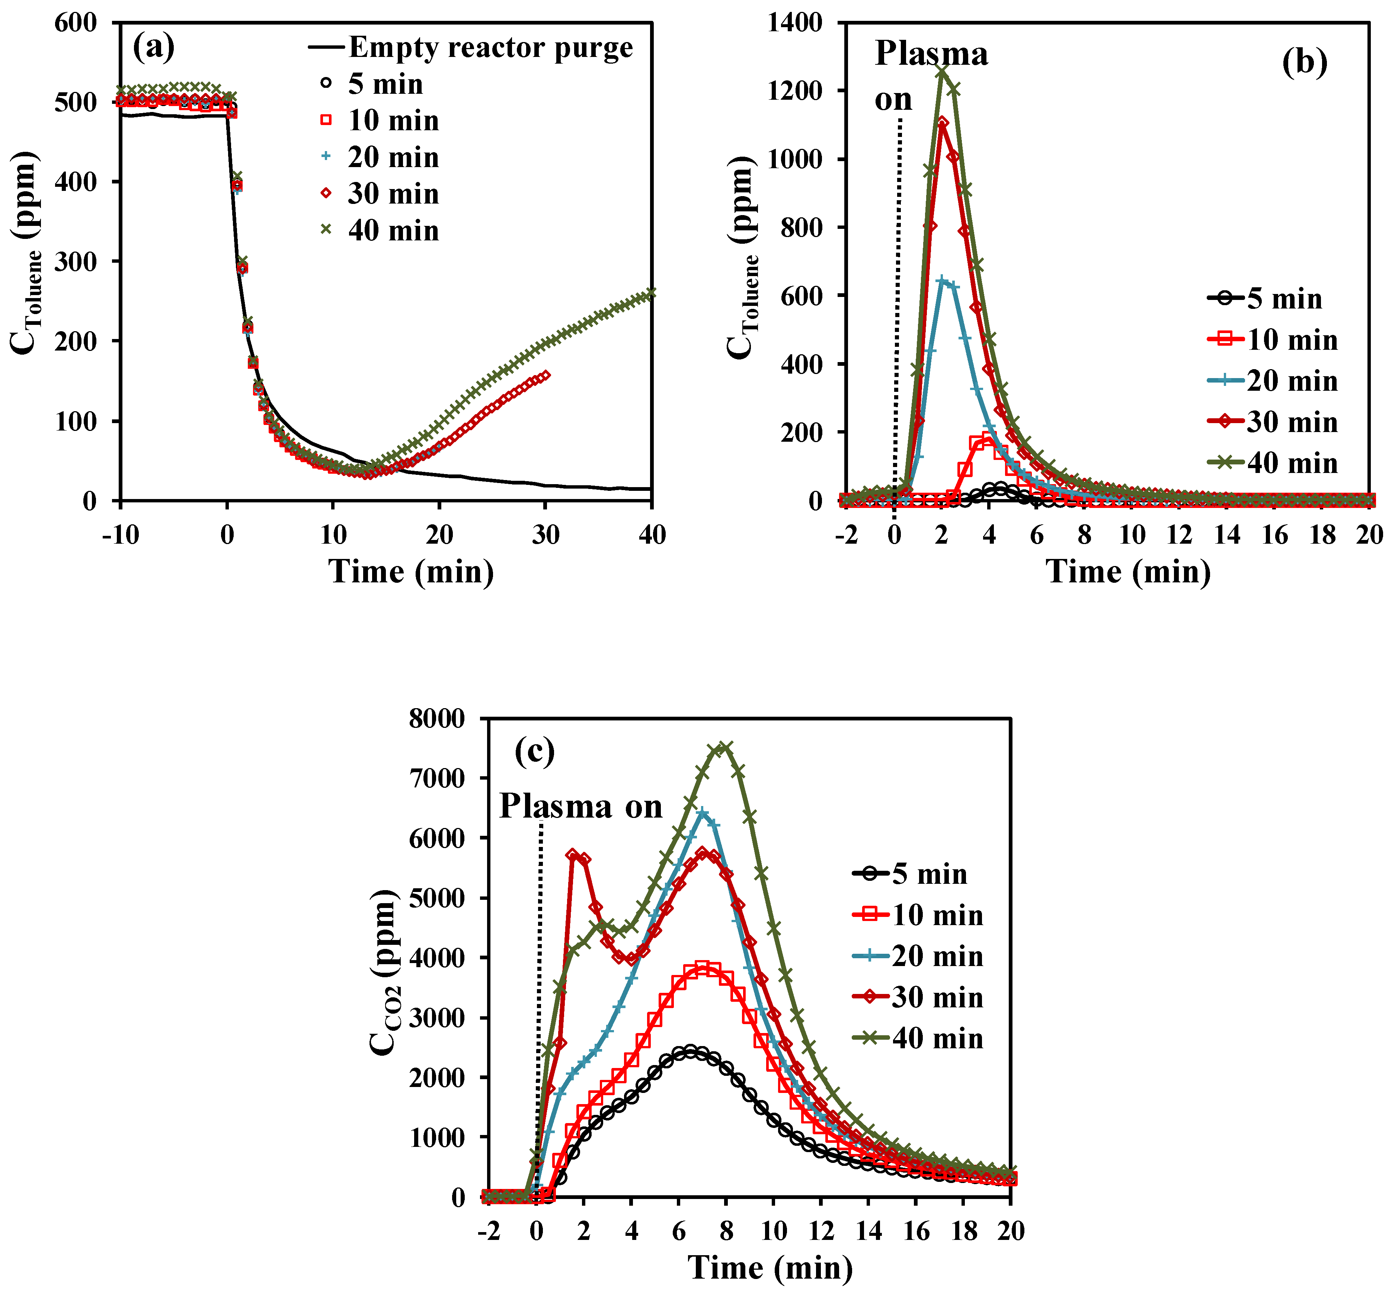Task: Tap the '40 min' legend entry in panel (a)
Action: [x=392, y=231]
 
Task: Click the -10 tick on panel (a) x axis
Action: [x=119, y=535]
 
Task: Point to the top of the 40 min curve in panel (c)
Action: [x=726, y=747]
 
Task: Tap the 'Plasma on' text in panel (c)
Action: [x=580, y=806]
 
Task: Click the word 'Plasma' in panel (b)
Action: [x=931, y=54]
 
